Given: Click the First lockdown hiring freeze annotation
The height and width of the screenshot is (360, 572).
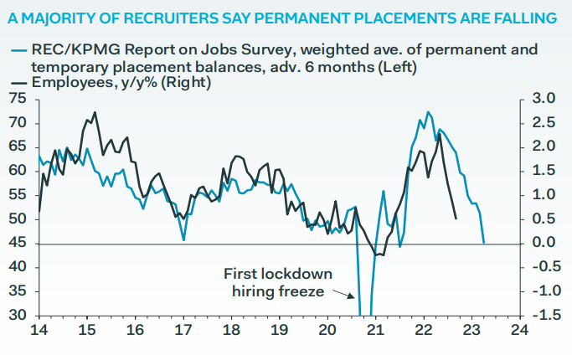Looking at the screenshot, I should click(x=278, y=282).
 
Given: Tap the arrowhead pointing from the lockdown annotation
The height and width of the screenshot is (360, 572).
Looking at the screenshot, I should click(x=353, y=295).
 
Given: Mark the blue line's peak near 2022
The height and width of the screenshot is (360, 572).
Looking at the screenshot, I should click(x=428, y=111).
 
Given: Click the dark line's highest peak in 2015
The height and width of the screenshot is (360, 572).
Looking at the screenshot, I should click(x=95, y=112).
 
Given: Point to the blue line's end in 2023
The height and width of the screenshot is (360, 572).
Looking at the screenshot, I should click(x=484, y=243).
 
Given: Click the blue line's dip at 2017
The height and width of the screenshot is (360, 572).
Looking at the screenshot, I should click(x=183, y=240).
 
